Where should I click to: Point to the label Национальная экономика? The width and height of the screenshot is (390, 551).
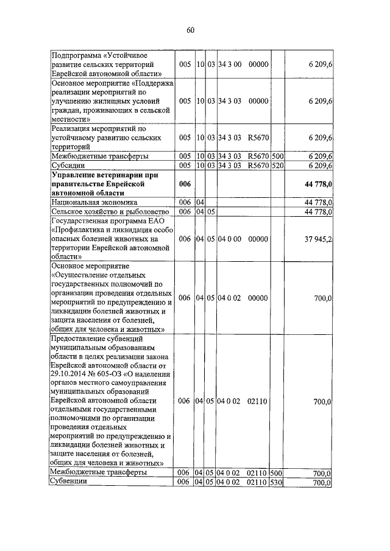click(94, 202)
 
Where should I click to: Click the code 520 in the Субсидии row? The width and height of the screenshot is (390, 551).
click(277, 166)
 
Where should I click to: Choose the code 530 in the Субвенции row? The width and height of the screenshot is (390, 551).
click(277, 482)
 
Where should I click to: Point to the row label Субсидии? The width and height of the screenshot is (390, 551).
click(68, 166)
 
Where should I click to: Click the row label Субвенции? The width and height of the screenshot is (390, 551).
click(69, 482)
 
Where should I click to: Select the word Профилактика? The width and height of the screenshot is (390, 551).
click(85, 230)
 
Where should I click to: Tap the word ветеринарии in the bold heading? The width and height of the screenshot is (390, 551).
click(118, 175)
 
